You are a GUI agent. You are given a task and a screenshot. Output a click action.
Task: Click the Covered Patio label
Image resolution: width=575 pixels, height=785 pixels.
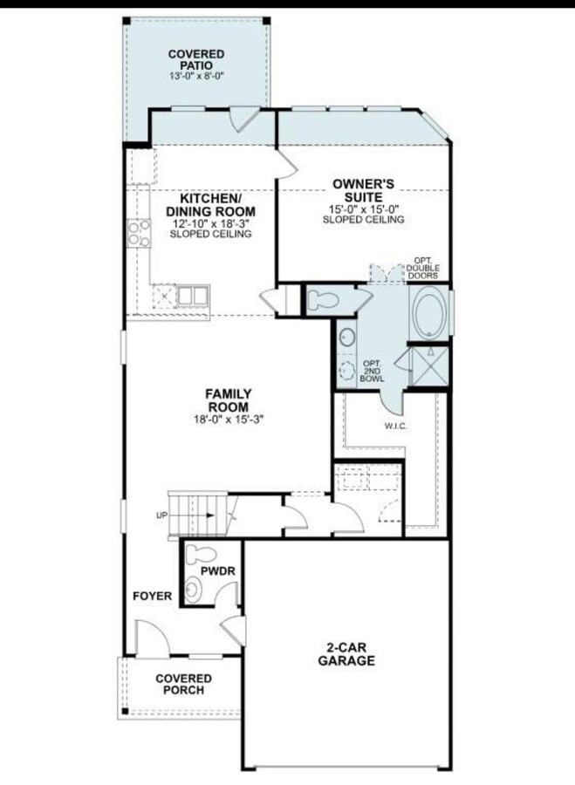195,59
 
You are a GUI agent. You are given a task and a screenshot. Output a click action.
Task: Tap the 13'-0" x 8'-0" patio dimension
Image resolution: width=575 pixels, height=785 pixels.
195,76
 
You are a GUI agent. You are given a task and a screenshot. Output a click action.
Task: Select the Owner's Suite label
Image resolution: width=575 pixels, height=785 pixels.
363,190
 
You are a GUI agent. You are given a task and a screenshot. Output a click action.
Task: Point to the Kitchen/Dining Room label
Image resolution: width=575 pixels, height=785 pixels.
210,204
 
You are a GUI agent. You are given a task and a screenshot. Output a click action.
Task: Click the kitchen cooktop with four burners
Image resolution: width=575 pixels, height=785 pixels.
139,233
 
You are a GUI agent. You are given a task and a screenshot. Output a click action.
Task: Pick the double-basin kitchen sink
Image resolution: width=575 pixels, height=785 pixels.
192,296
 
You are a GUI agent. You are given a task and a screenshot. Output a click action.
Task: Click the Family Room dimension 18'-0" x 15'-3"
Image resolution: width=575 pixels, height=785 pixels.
229,420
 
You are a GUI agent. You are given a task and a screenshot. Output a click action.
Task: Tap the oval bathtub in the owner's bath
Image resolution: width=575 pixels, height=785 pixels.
430,312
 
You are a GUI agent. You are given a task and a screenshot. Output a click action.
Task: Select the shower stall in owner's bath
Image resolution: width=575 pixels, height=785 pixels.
429,366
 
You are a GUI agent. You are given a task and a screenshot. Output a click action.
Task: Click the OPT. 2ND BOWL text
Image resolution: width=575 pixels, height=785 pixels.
372,371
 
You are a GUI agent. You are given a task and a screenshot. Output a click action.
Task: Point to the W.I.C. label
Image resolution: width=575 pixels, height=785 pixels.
395,427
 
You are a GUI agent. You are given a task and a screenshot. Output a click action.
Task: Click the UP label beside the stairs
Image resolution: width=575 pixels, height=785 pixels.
161,515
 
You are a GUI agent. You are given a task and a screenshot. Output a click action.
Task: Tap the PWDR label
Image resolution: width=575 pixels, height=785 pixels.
218,571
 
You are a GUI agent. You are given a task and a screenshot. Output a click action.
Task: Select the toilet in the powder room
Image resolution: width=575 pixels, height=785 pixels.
201,555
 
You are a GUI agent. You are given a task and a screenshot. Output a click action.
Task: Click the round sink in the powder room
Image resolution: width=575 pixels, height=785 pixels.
194,590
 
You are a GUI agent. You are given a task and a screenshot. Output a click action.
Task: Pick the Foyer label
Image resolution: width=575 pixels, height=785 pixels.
153,597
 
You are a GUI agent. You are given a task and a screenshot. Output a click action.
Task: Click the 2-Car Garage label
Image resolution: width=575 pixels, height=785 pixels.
346,654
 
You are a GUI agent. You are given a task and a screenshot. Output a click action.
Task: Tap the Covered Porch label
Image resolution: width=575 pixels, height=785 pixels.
183,685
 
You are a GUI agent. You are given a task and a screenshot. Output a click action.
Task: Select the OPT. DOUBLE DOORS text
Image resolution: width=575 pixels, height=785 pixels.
422,269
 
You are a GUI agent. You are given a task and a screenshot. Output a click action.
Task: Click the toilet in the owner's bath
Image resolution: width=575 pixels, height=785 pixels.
323,300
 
